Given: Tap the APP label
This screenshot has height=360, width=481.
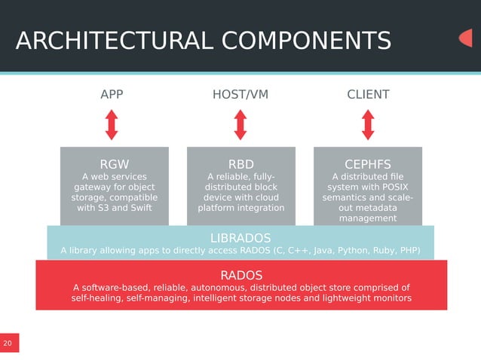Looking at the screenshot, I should click(112, 95).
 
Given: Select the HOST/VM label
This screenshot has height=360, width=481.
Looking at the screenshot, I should click(240, 95).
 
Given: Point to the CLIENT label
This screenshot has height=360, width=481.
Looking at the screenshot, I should click(368, 95).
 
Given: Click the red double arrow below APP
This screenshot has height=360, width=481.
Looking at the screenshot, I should click(112, 125).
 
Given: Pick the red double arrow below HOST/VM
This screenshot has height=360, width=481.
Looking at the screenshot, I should click(240, 125).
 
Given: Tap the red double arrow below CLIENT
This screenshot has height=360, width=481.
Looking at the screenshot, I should click(368, 125).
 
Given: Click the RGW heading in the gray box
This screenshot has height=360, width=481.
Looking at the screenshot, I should click(115, 164).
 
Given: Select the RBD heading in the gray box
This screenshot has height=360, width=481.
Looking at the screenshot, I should click(240, 164).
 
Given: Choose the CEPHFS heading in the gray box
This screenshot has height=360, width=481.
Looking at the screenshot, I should click(367, 164).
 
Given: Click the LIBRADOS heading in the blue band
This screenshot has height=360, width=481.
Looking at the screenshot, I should click(240, 238).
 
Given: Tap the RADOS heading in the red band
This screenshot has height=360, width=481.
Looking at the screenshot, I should click(241, 274).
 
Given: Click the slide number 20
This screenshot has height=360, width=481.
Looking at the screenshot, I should click(8, 343).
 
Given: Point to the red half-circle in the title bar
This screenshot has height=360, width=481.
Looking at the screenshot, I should click(466, 38).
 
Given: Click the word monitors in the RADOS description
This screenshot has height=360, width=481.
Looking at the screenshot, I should click(386, 298).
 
